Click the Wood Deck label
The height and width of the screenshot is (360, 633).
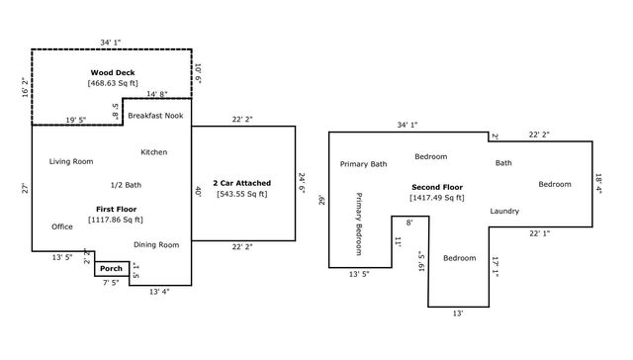[x=112, y=73]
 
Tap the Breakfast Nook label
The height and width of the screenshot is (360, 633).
[x=155, y=115]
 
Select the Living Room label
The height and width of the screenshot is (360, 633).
[x=71, y=161]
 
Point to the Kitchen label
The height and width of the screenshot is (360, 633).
[x=154, y=152]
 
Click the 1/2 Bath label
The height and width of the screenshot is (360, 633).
[x=126, y=185]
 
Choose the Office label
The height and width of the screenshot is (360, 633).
[x=62, y=226]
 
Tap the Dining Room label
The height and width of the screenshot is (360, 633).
[x=156, y=244]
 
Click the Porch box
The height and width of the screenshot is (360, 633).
[x=112, y=269]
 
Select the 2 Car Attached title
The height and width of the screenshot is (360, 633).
[x=242, y=183]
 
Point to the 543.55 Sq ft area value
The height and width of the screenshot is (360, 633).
[x=242, y=194]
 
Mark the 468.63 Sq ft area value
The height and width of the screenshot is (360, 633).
[x=112, y=84]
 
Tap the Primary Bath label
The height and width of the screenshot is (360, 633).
[x=363, y=164]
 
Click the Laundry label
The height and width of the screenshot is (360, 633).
[x=504, y=212]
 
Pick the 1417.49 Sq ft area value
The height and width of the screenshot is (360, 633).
[x=437, y=198]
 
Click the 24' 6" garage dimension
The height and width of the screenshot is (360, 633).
[x=302, y=183]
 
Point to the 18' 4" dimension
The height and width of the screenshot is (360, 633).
[x=598, y=184]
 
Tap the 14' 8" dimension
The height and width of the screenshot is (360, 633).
[x=157, y=94]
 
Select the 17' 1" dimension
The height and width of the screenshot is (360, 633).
[x=496, y=267]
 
